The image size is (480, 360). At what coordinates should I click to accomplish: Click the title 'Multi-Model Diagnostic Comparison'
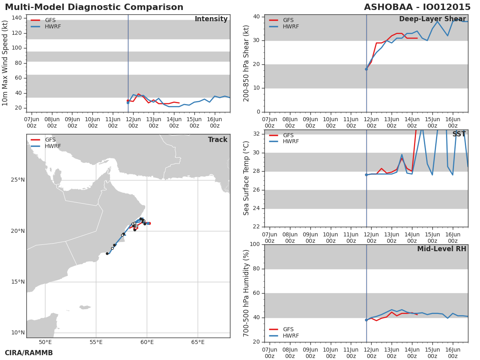tap(94, 7)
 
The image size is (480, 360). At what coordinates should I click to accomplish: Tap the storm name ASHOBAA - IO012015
tap(417, 7)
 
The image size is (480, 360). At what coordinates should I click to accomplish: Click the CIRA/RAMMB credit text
tap(29, 353)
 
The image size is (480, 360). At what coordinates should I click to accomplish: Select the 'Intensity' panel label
tap(211, 19)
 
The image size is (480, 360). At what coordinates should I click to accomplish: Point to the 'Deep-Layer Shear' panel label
tap(432, 19)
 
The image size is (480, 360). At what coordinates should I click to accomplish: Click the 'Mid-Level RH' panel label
tap(442, 249)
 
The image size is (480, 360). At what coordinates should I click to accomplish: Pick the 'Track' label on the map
tap(218, 140)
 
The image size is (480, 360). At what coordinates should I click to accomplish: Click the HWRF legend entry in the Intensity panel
tap(46, 26)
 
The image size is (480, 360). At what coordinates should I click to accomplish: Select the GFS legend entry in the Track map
tap(43, 140)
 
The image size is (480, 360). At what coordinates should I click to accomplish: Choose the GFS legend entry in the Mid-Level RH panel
tap(281, 329)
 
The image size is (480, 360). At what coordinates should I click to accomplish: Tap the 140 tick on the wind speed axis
tap(17, 18)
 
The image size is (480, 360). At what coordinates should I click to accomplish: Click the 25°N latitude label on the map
tap(18, 180)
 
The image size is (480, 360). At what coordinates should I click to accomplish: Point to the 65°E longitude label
tap(198, 342)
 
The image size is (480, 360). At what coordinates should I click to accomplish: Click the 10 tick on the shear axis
tap(256, 88)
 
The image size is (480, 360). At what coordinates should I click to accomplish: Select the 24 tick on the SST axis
tap(256, 208)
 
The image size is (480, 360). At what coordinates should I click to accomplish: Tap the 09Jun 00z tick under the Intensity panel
tap(72, 122)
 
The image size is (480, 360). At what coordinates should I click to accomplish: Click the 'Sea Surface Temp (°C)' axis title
tap(246, 178)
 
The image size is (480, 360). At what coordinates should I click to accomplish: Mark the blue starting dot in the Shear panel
tap(366, 69)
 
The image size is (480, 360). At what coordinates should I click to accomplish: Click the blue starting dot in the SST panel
tap(366, 175)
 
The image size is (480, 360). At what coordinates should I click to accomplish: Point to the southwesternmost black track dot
tap(107, 254)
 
